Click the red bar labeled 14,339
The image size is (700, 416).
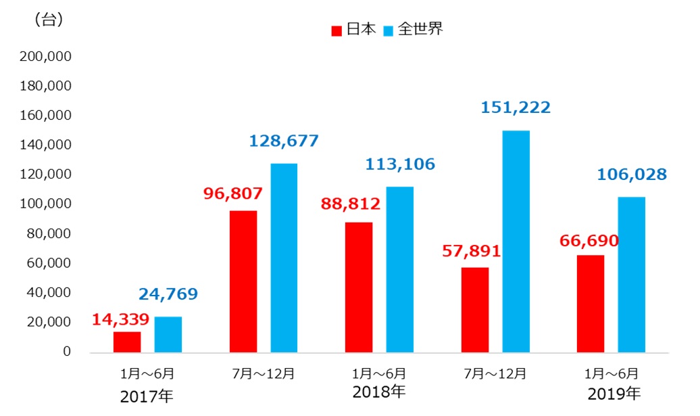[127, 342]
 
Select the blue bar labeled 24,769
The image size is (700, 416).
[168, 334]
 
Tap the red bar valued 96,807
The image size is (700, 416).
[243, 281]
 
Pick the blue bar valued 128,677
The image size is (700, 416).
[284, 258]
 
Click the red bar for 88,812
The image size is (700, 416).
[359, 287]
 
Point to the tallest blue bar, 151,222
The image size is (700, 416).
[516, 241]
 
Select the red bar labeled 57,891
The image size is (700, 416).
[475, 310]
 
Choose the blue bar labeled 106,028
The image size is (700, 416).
[632, 275]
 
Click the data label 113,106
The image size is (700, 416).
[400, 164]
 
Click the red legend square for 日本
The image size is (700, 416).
[336, 30]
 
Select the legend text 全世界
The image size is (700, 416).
[420, 30]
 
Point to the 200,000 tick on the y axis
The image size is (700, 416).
[46, 57]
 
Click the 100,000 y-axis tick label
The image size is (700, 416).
[46, 204]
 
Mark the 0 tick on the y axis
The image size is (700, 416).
[67, 352]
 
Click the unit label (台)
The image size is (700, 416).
[49, 20]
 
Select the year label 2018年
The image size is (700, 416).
[379, 391]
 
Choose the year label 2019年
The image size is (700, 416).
[614, 393]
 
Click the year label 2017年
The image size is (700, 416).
[147, 396]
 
